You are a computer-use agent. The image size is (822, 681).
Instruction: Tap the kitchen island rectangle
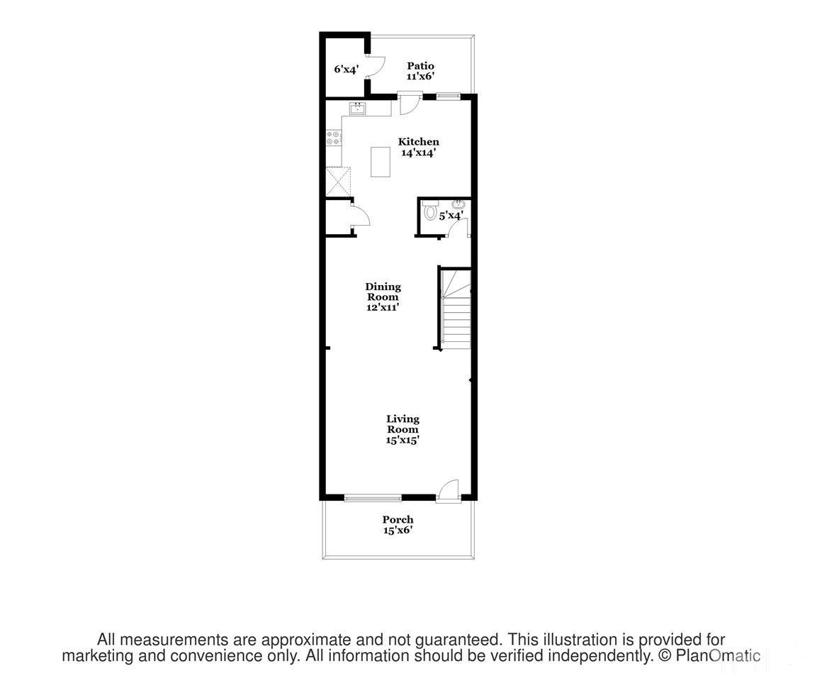click(381, 162)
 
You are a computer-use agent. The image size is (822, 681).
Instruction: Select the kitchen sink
click(358, 109)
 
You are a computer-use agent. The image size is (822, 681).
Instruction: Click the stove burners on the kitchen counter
click(333, 138)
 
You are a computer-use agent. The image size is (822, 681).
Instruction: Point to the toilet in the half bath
click(430, 211)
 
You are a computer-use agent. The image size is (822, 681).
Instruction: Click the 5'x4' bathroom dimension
click(451, 216)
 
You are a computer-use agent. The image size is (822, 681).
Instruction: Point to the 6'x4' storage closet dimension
click(347, 70)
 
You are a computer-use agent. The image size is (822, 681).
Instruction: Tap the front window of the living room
click(373, 498)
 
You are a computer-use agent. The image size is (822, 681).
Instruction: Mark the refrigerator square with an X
click(337, 180)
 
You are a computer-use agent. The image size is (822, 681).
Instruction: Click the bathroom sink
click(458, 205)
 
